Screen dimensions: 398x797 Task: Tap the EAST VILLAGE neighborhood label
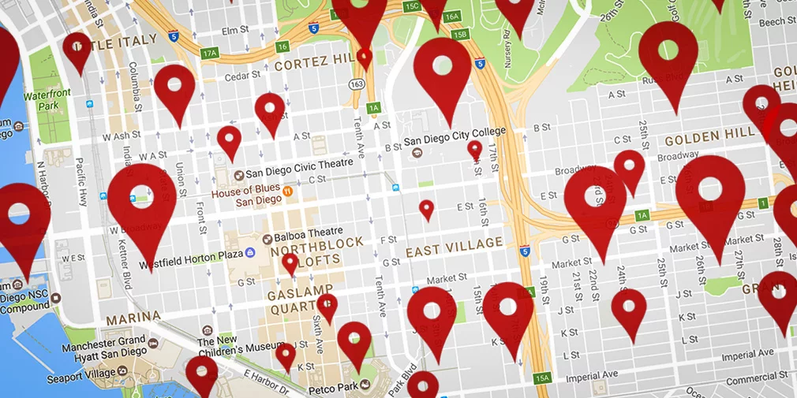(x=454, y=247)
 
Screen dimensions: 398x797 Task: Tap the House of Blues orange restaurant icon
(x=289, y=190)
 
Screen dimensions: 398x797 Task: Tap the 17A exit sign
(x=209, y=54)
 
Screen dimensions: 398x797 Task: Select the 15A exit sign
(x=541, y=378)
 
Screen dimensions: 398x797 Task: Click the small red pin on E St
(x=426, y=209)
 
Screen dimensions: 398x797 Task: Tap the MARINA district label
(x=133, y=317)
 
